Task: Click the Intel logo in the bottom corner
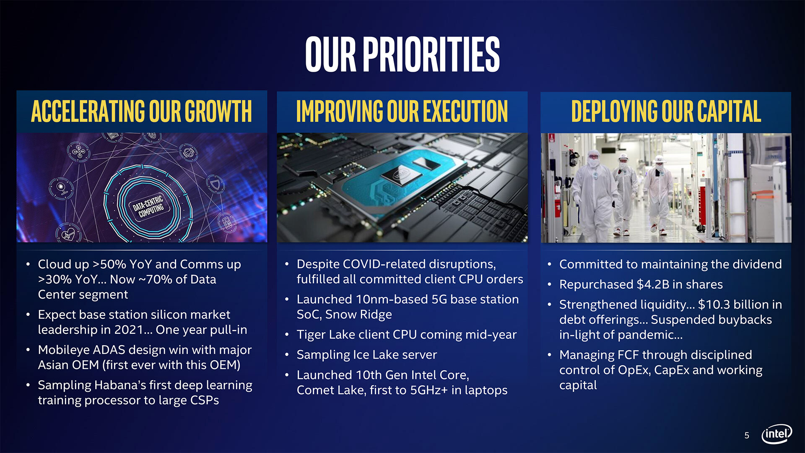coord(776,434)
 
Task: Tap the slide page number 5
coord(747,435)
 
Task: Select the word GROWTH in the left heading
coord(218,112)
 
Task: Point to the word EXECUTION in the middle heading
coord(465,112)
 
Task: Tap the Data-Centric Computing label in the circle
coord(148,206)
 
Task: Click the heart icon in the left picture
coord(68,234)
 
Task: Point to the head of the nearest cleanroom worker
coord(593,159)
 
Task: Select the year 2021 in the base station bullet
coord(129,330)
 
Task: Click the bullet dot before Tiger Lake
coord(287,335)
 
